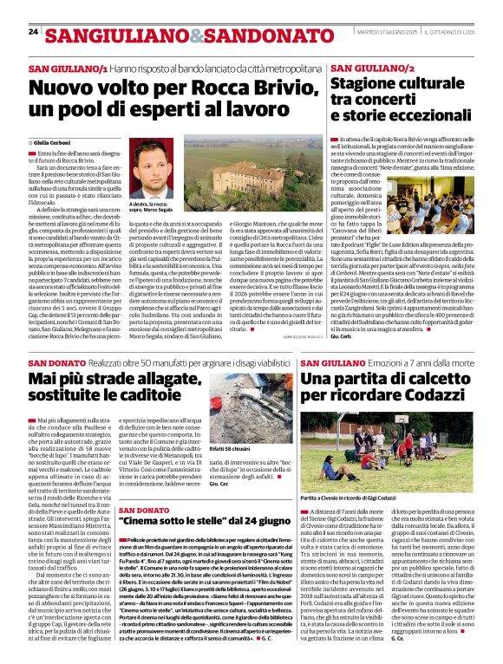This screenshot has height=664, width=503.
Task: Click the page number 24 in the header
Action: (x=33, y=32)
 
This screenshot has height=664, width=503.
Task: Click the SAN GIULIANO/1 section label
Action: (x=68, y=67)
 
